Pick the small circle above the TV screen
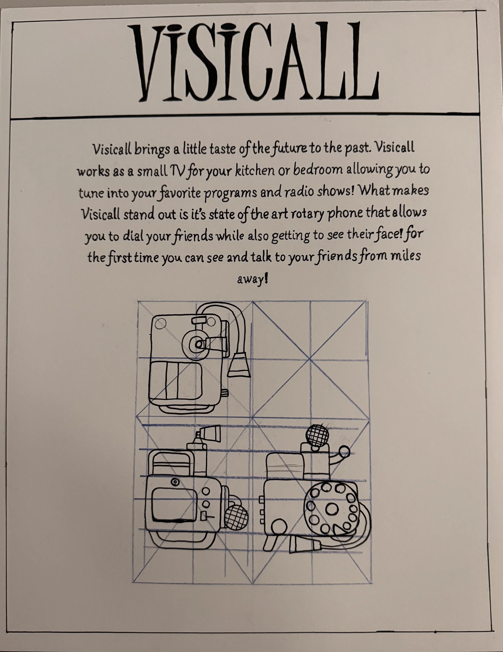click(175, 482)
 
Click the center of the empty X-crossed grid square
click(310, 359)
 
